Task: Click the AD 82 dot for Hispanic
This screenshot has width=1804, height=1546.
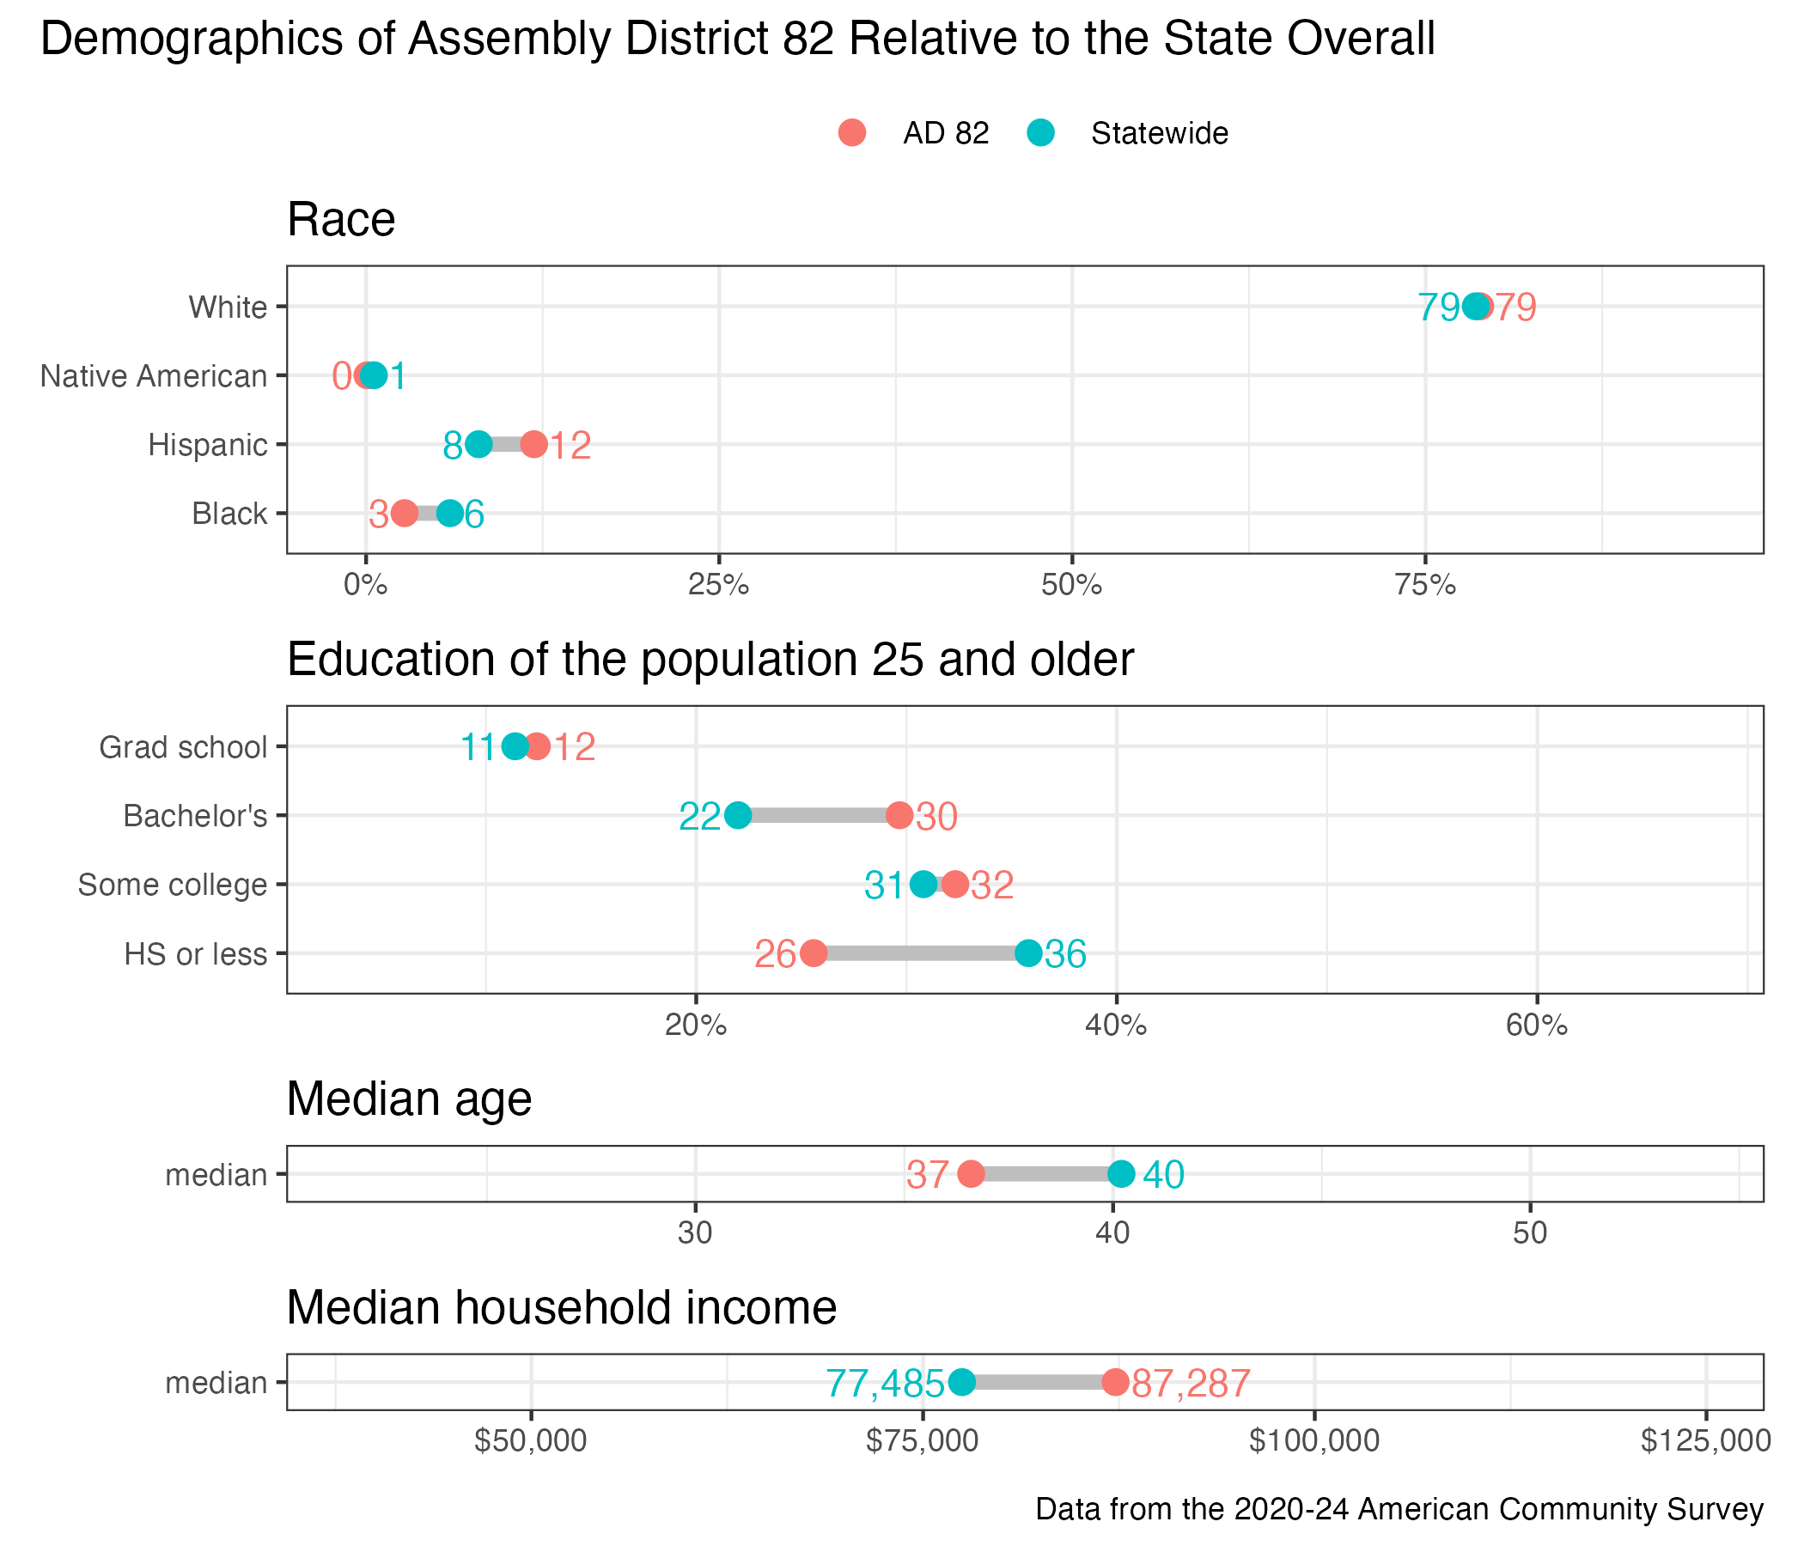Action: pyautogui.click(x=533, y=445)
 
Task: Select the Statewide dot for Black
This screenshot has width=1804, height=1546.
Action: pyautogui.click(x=449, y=514)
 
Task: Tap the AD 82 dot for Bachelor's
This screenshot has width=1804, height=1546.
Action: pyautogui.click(x=899, y=816)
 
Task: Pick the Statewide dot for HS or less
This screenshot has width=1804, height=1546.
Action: pyautogui.click(x=1028, y=953)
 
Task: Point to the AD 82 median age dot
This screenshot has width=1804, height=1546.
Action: pyautogui.click(x=971, y=1173)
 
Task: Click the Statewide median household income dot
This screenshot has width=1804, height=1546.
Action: pyautogui.click(x=961, y=1381)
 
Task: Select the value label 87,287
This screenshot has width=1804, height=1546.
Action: pyautogui.click(x=1191, y=1383)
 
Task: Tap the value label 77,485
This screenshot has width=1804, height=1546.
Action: pyautogui.click(x=885, y=1383)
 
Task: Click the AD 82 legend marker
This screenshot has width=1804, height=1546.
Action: pyautogui.click(x=852, y=133)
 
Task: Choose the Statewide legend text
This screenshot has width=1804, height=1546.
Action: pyautogui.click(x=1159, y=134)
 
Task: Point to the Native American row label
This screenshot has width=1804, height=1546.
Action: pyautogui.click(x=154, y=376)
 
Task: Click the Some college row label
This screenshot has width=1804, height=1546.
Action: pyautogui.click(x=173, y=885)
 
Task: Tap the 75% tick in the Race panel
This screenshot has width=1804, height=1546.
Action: pyautogui.click(x=1425, y=586)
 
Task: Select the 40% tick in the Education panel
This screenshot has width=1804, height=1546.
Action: pyautogui.click(x=1116, y=1026)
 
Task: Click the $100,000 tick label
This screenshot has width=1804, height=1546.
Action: pyautogui.click(x=1313, y=1441)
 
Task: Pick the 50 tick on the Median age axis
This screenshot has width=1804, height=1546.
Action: pyautogui.click(x=1530, y=1234)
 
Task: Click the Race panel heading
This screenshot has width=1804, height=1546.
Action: pyautogui.click(x=341, y=219)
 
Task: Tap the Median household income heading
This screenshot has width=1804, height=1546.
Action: pyautogui.click(x=562, y=1307)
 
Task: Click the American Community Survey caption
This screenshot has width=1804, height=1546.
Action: pyautogui.click(x=1399, y=1508)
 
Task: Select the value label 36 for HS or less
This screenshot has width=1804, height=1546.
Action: pyautogui.click(x=1066, y=955)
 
